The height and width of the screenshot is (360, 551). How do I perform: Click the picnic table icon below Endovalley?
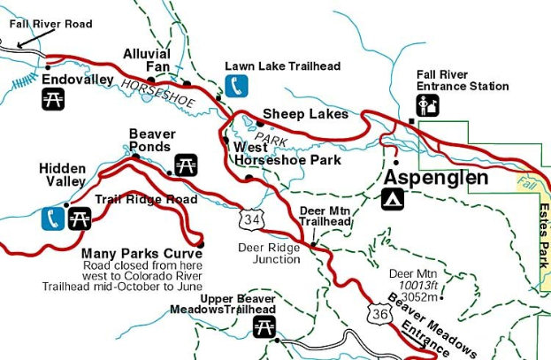click(53, 99)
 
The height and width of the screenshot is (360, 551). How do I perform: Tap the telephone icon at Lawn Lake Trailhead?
click(236, 85)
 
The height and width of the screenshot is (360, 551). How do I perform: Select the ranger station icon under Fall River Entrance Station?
click(428, 106)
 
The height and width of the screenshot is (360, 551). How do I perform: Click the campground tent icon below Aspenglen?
click(393, 199)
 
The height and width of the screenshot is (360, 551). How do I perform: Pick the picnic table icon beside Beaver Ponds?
click(186, 165)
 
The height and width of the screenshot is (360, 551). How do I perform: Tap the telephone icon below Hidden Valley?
click(52, 218)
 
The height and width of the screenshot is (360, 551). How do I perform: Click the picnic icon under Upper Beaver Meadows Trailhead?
click(264, 326)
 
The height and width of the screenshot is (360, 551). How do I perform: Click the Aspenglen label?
click(435, 178)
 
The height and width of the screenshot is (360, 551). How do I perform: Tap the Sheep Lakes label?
click(305, 114)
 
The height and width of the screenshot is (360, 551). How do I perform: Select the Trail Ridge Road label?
click(146, 200)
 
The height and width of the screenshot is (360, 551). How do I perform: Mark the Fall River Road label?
click(50, 24)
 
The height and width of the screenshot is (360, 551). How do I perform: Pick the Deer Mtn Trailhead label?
click(325, 216)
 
